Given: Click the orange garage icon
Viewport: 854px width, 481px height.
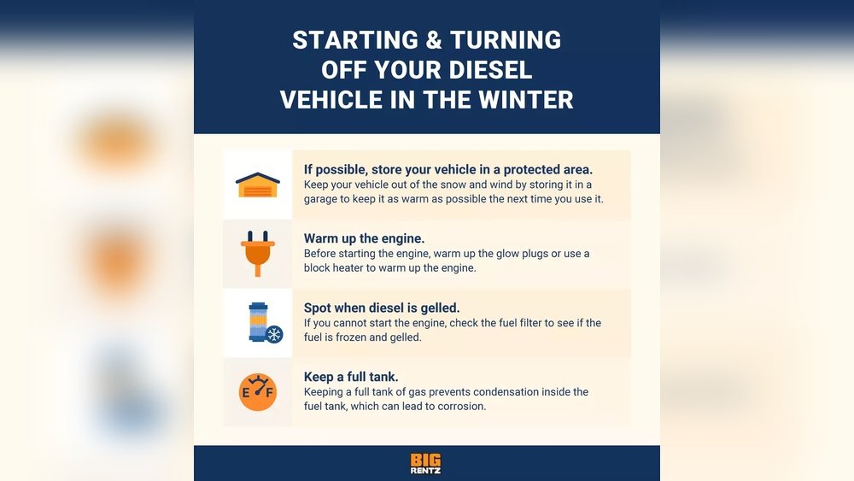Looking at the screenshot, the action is click(258, 185).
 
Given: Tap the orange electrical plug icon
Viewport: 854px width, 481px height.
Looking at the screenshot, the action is click(258, 253).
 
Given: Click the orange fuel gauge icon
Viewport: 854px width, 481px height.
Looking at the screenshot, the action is click(258, 391).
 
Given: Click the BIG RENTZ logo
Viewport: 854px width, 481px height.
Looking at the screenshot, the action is click(426, 464).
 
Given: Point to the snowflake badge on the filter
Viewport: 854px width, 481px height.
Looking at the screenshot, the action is click(274, 334).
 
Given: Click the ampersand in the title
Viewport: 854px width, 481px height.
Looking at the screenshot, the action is click(426, 40).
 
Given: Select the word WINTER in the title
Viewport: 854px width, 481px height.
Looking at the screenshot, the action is click(525, 100).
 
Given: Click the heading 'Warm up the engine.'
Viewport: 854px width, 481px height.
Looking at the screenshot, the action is click(364, 238).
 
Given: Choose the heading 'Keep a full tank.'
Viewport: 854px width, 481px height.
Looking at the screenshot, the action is click(351, 377).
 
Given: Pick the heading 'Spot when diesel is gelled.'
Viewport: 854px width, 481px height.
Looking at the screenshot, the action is click(382, 308).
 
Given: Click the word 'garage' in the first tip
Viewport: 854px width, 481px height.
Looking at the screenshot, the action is click(320, 199).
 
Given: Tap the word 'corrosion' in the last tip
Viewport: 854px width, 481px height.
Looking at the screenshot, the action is click(462, 407).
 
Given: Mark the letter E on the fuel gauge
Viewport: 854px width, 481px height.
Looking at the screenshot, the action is click(246, 393).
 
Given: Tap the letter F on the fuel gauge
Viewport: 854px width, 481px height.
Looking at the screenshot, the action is click(269, 392).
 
